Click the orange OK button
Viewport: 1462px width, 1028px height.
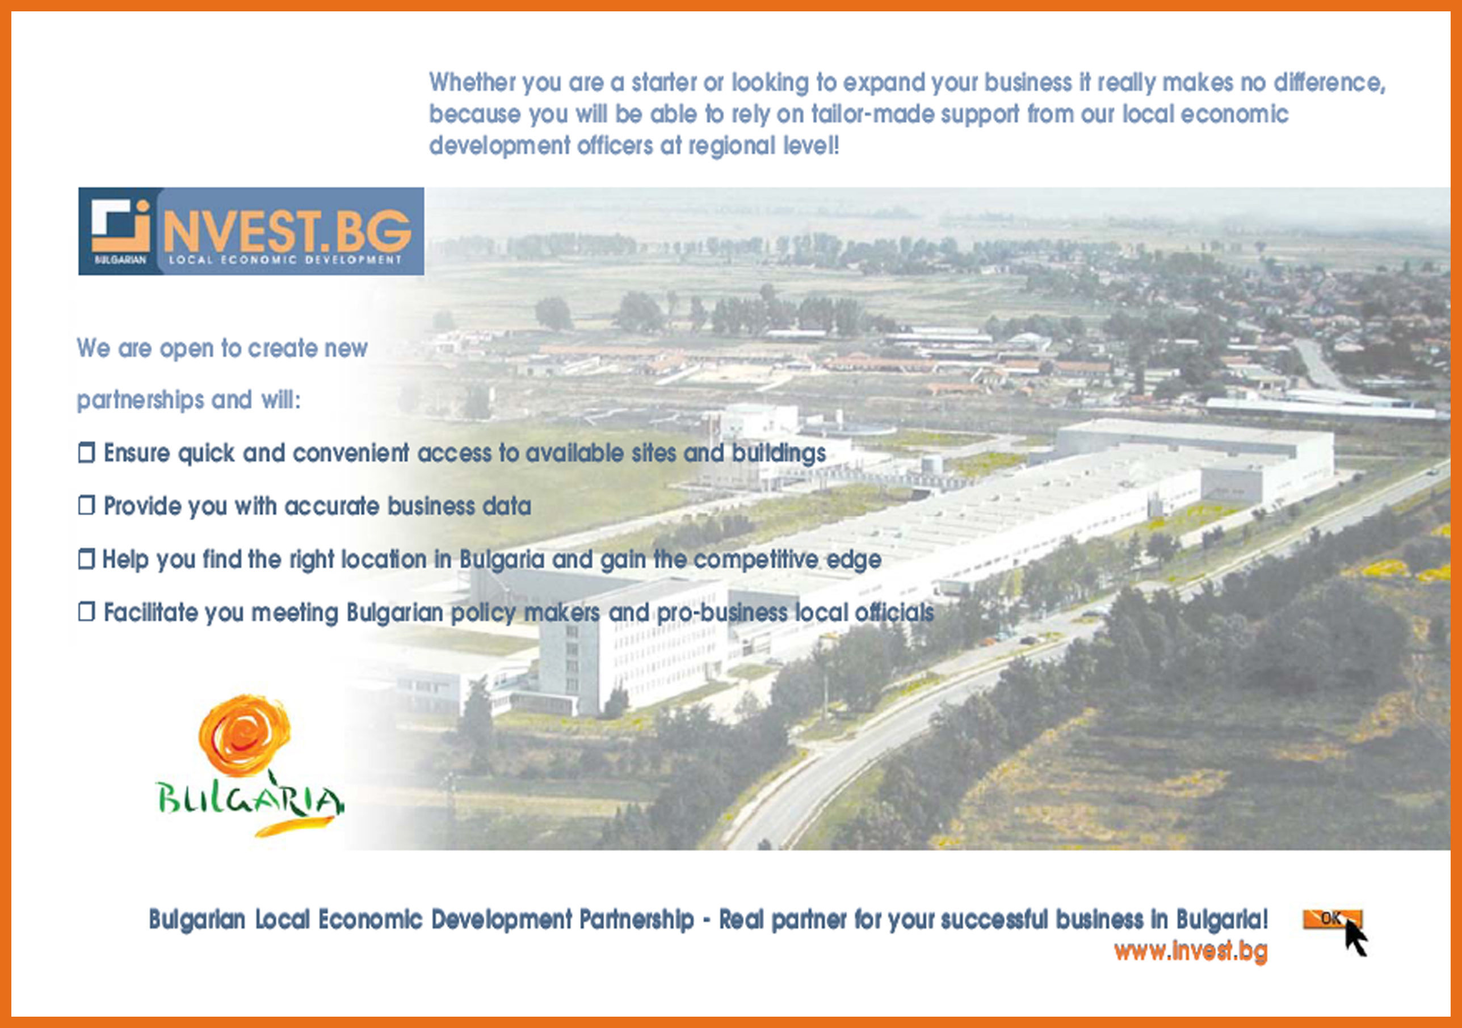click(1332, 919)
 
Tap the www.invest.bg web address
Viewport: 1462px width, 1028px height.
click(1191, 951)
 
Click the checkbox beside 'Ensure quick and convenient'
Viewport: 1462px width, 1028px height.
click(87, 453)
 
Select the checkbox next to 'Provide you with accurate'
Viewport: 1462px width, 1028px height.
click(87, 506)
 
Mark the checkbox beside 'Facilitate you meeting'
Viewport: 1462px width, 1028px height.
click(87, 612)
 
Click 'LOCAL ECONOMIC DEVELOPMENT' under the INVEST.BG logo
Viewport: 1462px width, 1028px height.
click(285, 260)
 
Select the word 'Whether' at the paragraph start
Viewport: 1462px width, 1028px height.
click(472, 82)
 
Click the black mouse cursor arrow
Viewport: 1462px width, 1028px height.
click(1356, 938)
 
